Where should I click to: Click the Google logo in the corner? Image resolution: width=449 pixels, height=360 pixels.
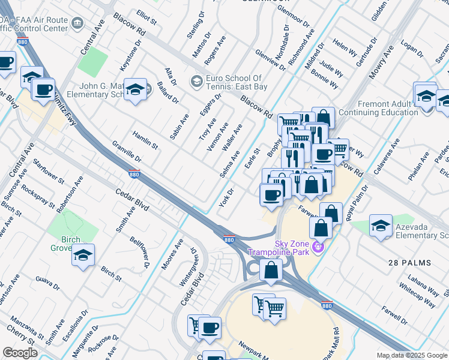(20, 352)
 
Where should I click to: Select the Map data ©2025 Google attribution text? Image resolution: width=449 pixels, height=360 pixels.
(412, 355)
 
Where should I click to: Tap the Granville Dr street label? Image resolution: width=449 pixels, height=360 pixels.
(127, 152)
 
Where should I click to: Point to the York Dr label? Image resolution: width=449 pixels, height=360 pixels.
(226, 197)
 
